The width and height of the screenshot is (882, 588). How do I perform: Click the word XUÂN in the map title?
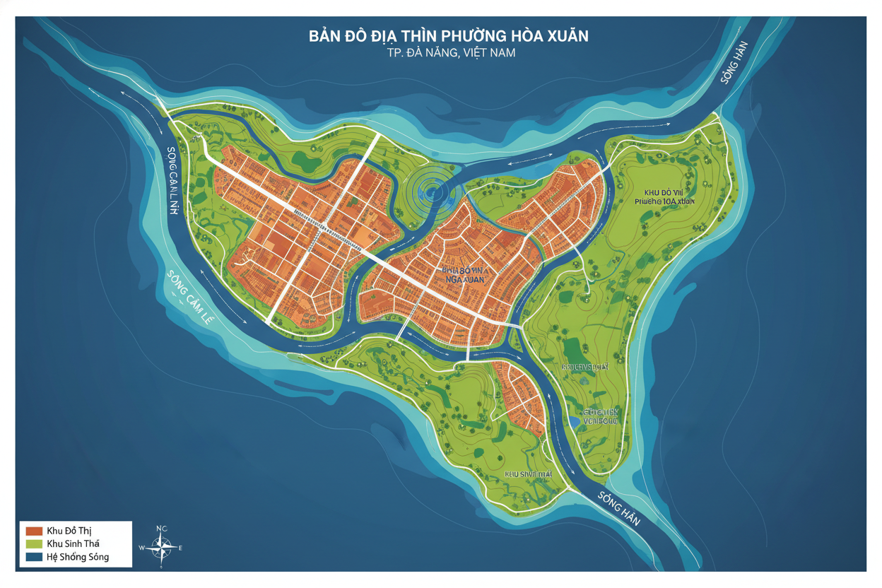tap(563, 36)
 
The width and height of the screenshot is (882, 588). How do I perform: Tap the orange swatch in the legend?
tap(34, 531)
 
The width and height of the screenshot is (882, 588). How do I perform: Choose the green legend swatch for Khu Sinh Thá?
tap(34, 543)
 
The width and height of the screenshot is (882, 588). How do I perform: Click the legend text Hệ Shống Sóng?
tap(78, 557)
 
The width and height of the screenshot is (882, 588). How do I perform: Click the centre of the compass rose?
tap(162, 547)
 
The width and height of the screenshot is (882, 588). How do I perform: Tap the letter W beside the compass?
tap(142, 548)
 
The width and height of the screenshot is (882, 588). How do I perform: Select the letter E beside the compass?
tap(181, 548)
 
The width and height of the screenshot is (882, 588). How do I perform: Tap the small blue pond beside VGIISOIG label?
tap(574, 421)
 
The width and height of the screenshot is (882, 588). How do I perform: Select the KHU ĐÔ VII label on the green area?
tap(665, 192)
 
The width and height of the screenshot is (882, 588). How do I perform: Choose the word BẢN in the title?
tap(327, 36)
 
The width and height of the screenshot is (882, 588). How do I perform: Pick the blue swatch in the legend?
tap(34, 557)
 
